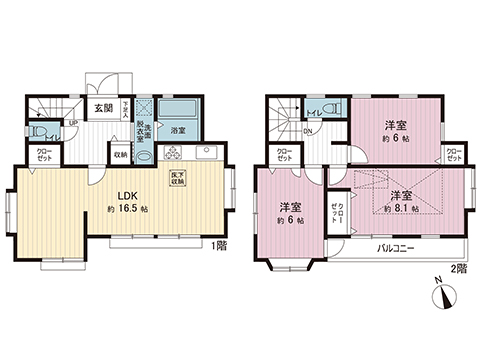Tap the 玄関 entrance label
(x=102, y=110)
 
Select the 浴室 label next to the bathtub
(x=177, y=131)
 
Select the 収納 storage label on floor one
(x=119, y=154)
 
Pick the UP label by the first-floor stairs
(x=73, y=123)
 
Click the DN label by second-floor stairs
(x=308, y=131)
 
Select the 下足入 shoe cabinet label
(x=126, y=108)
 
